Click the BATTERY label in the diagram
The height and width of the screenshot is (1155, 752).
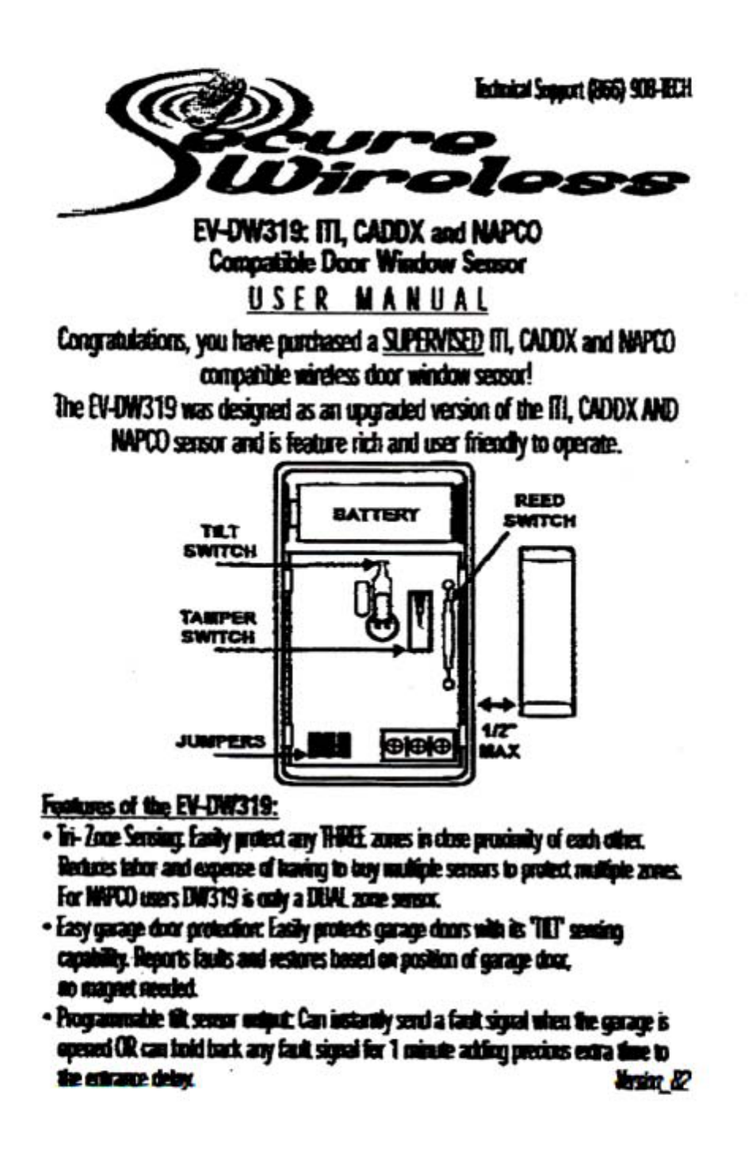376,515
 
